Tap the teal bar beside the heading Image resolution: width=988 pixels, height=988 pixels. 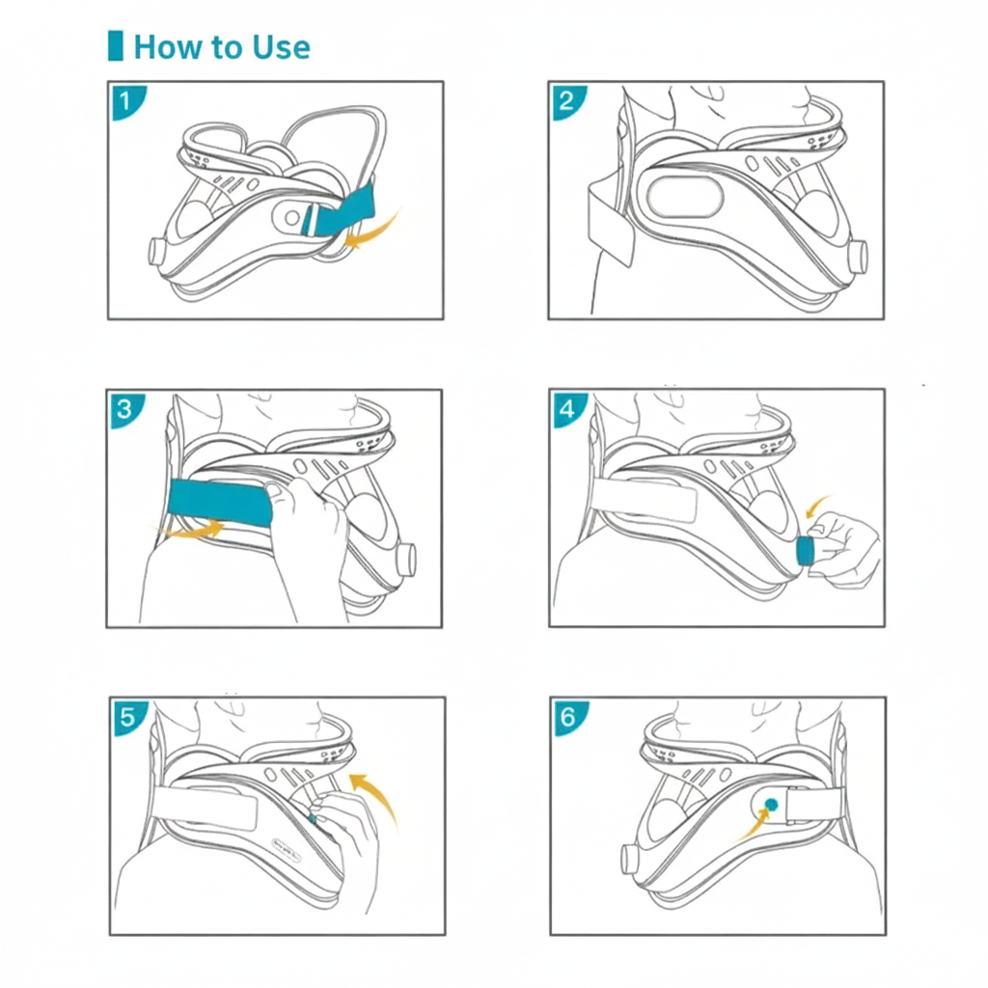pyautogui.click(x=116, y=45)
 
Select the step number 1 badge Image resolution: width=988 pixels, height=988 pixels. pyautogui.click(x=125, y=99)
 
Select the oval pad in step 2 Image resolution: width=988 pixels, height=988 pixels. pyautogui.click(x=685, y=199)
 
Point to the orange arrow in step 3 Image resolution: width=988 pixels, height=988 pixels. pyautogui.click(x=193, y=528)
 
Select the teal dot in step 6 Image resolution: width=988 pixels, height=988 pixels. pyautogui.click(x=771, y=803)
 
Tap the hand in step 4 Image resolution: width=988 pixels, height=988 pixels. pyautogui.click(x=844, y=550)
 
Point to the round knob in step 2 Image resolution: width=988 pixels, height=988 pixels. pyautogui.click(x=858, y=256)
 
